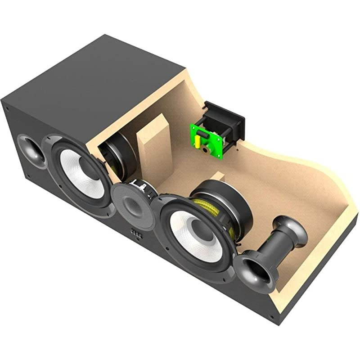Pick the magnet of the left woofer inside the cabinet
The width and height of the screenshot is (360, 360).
pyautogui.click(x=118, y=155)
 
